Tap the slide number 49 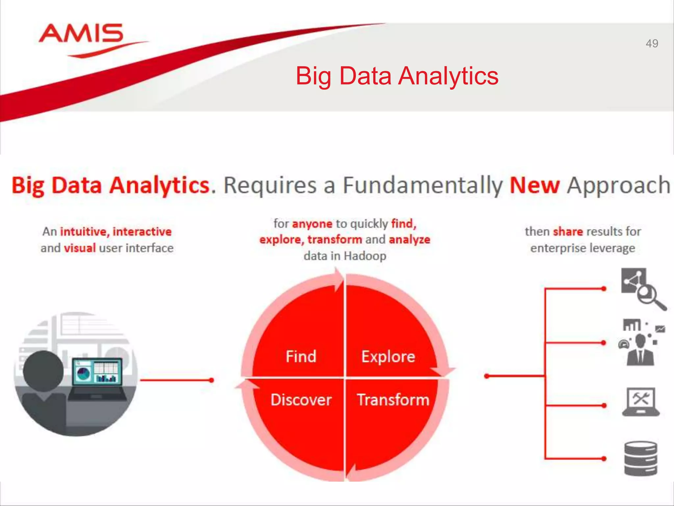[652, 43]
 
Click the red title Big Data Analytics [397, 76]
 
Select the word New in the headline [534, 185]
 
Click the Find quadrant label [301, 356]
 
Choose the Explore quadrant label [388, 356]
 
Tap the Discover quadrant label [301, 400]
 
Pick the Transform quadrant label [393, 400]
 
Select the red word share [568, 232]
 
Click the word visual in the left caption [80, 248]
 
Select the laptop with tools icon [640, 402]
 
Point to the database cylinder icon [640, 459]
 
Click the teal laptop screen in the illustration [97, 372]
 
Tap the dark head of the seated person [43, 371]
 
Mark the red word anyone [312, 224]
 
